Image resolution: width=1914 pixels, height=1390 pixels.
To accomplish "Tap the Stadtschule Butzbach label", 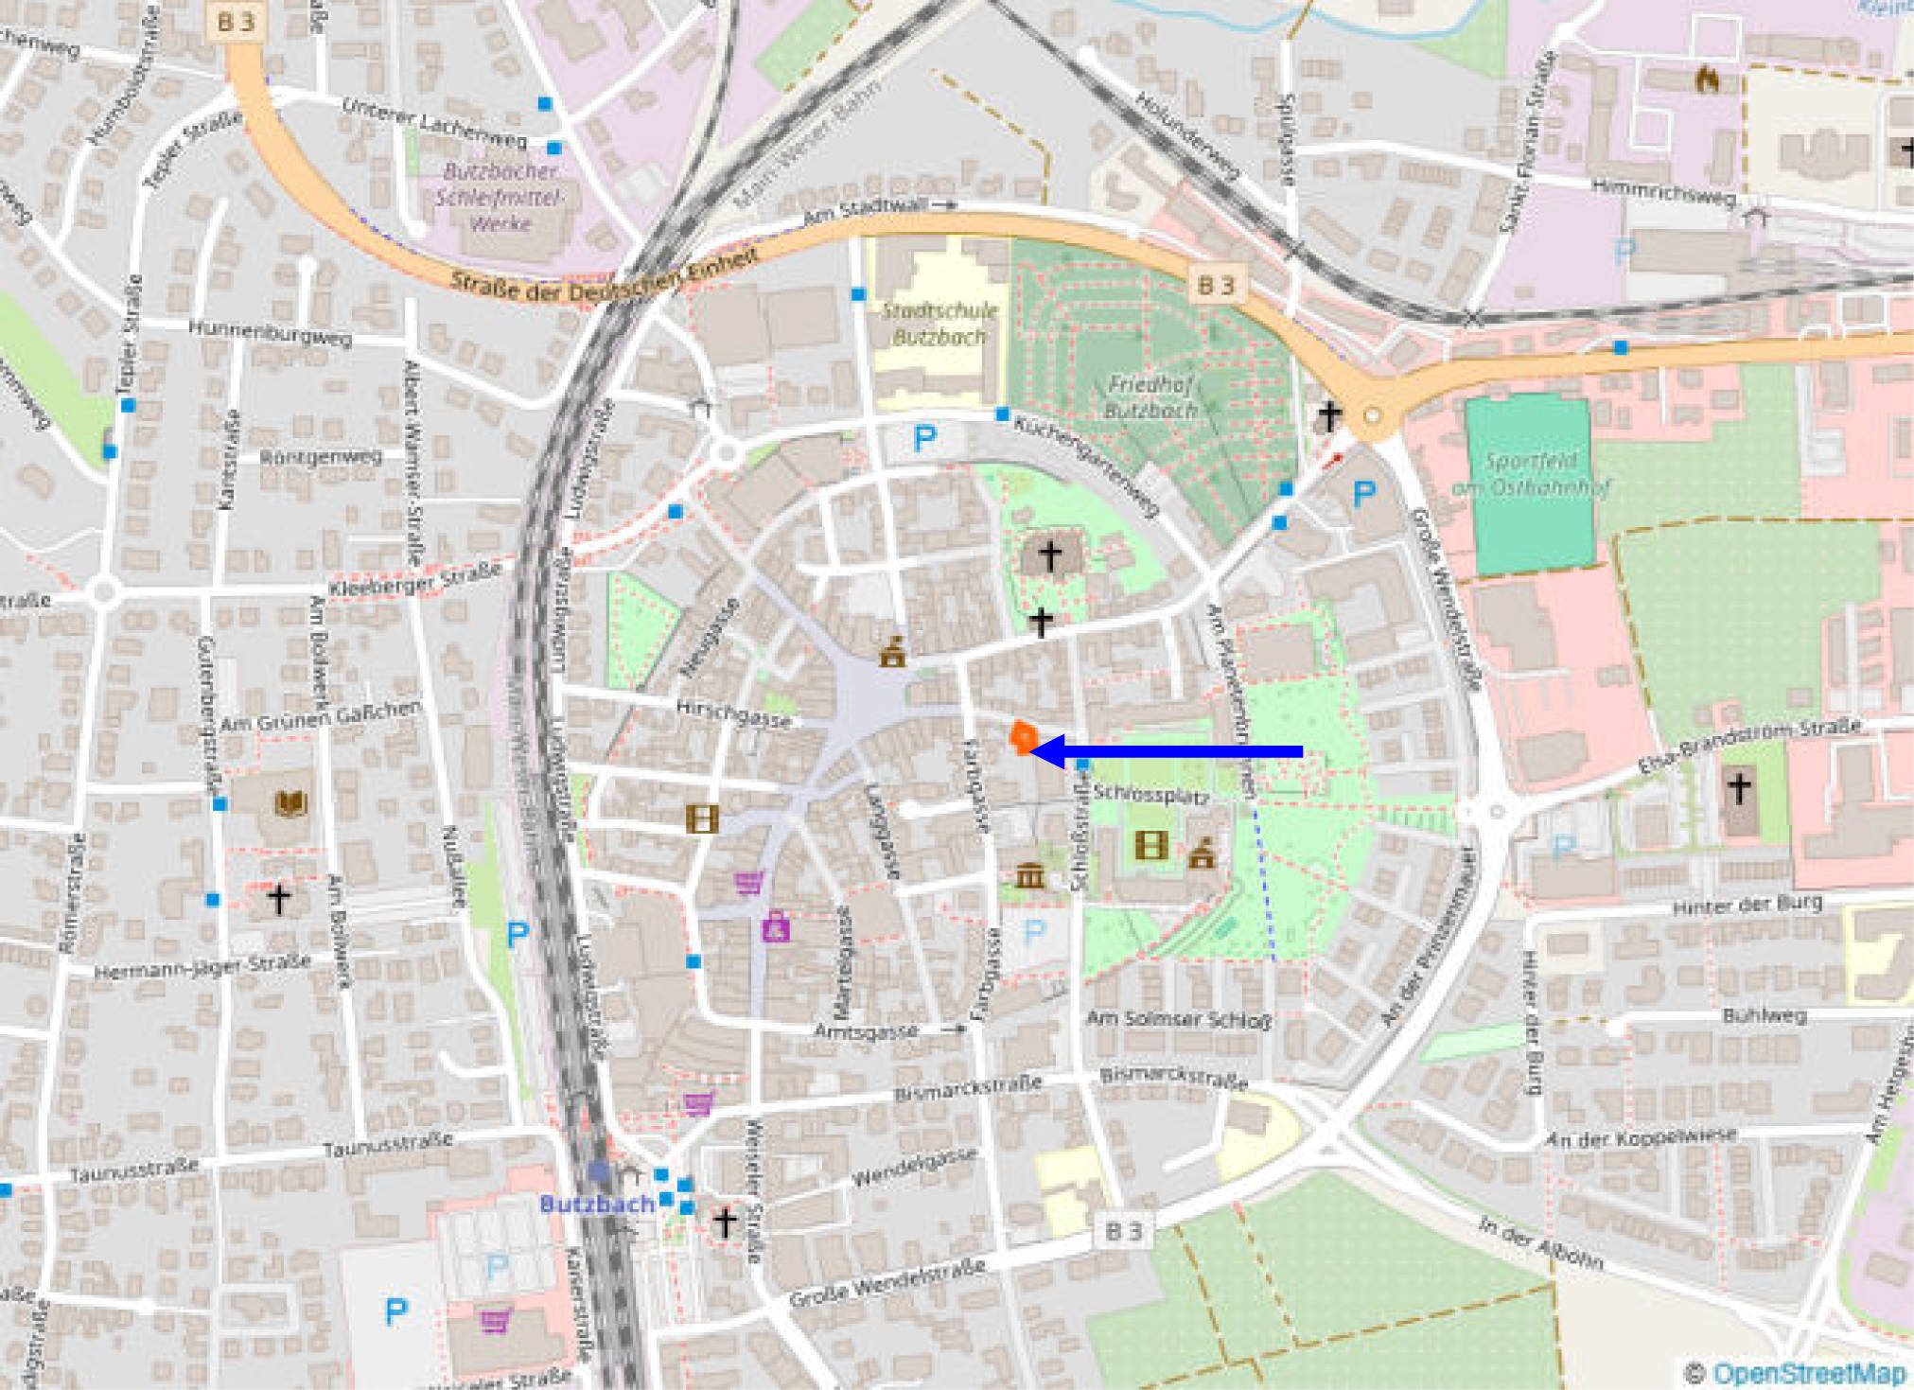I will point(939,324).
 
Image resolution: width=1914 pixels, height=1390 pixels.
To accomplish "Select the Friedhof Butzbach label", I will point(1151,397).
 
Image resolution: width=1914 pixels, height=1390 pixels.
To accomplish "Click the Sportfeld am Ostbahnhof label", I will point(1531,474).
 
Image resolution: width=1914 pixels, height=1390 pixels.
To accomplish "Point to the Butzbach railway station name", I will point(596,1204).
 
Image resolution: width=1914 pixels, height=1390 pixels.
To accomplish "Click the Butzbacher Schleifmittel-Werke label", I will point(500,197).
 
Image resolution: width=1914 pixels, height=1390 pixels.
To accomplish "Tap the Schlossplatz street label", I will point(1150,794).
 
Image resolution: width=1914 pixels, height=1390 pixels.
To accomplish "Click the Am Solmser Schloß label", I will point(1179,1019).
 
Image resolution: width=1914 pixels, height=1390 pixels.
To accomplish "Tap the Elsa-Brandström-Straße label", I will point(1749,746).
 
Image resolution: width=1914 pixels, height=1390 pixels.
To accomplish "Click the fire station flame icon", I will point(1707,79).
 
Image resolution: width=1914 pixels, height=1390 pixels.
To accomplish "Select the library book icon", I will point(291,804).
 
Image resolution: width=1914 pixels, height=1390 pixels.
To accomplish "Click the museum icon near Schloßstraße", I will point(1030,876).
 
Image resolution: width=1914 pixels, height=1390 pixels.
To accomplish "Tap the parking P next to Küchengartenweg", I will point(924,438).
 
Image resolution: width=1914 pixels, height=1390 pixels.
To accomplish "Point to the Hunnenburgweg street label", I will point(270,332).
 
